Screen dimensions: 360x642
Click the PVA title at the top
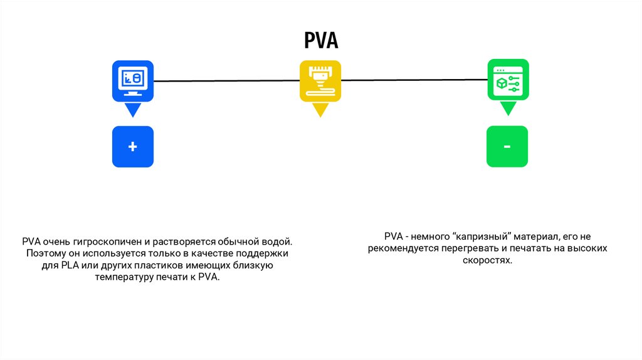(x=321, y=41)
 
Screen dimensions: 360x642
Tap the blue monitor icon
(x=132, y=81)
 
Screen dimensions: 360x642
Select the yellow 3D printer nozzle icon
(x=320, y=81)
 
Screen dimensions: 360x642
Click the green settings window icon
(x=508, y=80)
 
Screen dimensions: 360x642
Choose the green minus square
(x=507, y=147)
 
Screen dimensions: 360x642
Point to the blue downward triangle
(x=132, y=110)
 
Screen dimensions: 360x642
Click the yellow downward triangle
(x=320, y=110)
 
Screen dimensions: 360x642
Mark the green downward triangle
(x=508, y=109)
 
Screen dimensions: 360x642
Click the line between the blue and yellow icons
(x=226, y=81)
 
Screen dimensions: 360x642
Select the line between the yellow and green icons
(x=414, y=80)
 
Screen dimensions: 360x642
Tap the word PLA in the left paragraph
(x=69, y=266)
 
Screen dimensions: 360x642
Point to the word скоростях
(x=488, y=261)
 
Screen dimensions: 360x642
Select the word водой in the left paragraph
(x=278, y=241)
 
